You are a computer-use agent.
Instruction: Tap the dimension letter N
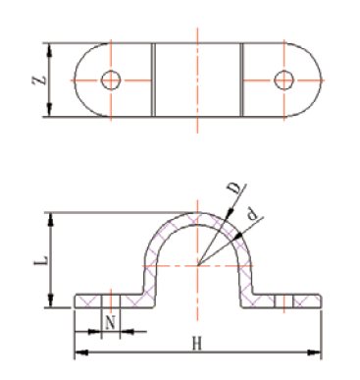point(111,321)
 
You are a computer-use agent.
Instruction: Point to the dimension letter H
point(196,344)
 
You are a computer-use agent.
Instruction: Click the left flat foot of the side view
point(108,300)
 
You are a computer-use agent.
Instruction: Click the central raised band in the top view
point(197,80)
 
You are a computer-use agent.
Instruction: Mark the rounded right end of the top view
point(312,80)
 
